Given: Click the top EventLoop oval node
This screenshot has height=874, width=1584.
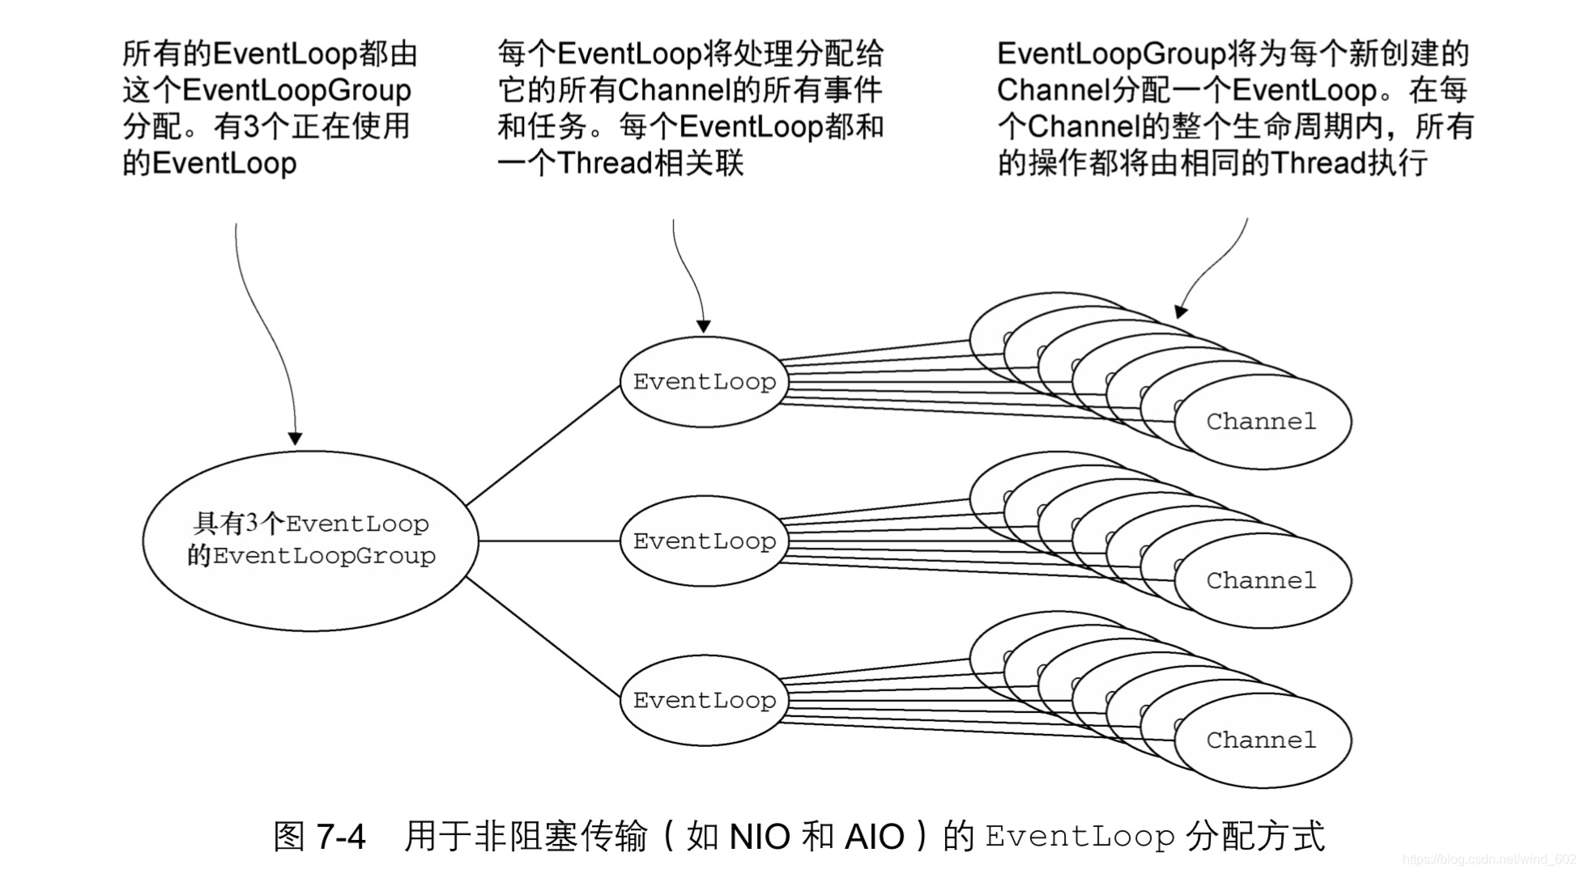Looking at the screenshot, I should point(703,382).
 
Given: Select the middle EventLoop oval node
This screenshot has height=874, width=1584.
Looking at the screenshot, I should point(703,541).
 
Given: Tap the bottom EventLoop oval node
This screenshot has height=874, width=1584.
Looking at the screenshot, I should point(703,701).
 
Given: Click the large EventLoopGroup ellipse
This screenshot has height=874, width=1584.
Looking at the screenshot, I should point(310,541).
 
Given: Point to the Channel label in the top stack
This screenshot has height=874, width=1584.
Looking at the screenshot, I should point(1261,422).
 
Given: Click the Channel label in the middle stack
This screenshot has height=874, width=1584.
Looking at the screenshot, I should point(1261,581).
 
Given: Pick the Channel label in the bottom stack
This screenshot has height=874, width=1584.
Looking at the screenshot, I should point(1261,740).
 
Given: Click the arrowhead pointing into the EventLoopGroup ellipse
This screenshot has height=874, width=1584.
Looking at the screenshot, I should point(296,438).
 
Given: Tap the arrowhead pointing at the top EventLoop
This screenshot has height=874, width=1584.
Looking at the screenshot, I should point(704,325).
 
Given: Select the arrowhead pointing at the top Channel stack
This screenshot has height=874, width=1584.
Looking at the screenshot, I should point(1182,311).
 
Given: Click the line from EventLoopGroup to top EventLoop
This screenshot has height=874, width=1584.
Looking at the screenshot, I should point(543,446).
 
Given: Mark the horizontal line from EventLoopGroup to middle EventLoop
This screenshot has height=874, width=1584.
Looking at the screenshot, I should point(549,541).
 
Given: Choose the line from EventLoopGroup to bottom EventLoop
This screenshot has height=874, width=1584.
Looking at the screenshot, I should point(543,636).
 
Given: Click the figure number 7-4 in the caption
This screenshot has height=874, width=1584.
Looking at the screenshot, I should point(341,836).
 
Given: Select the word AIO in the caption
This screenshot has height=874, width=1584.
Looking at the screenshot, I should point(874,836).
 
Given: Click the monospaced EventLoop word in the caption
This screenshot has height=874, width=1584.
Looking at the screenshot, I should point(1079,836).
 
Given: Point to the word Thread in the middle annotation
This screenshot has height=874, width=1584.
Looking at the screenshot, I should point(605,163).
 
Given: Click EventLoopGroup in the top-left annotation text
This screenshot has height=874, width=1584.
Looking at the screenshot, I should point(296,90).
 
